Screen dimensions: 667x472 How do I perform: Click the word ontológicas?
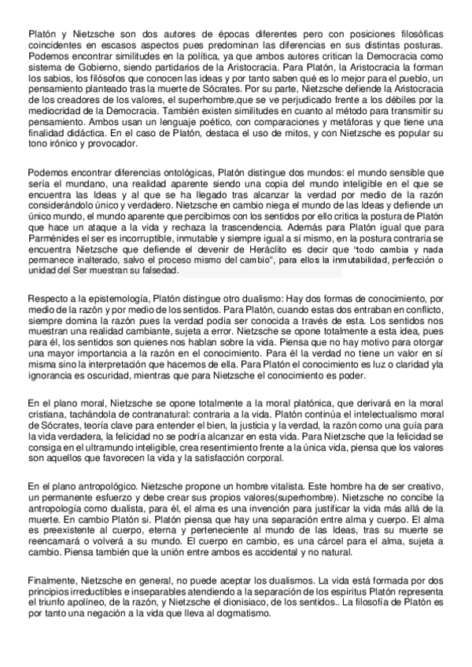point(160,171)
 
